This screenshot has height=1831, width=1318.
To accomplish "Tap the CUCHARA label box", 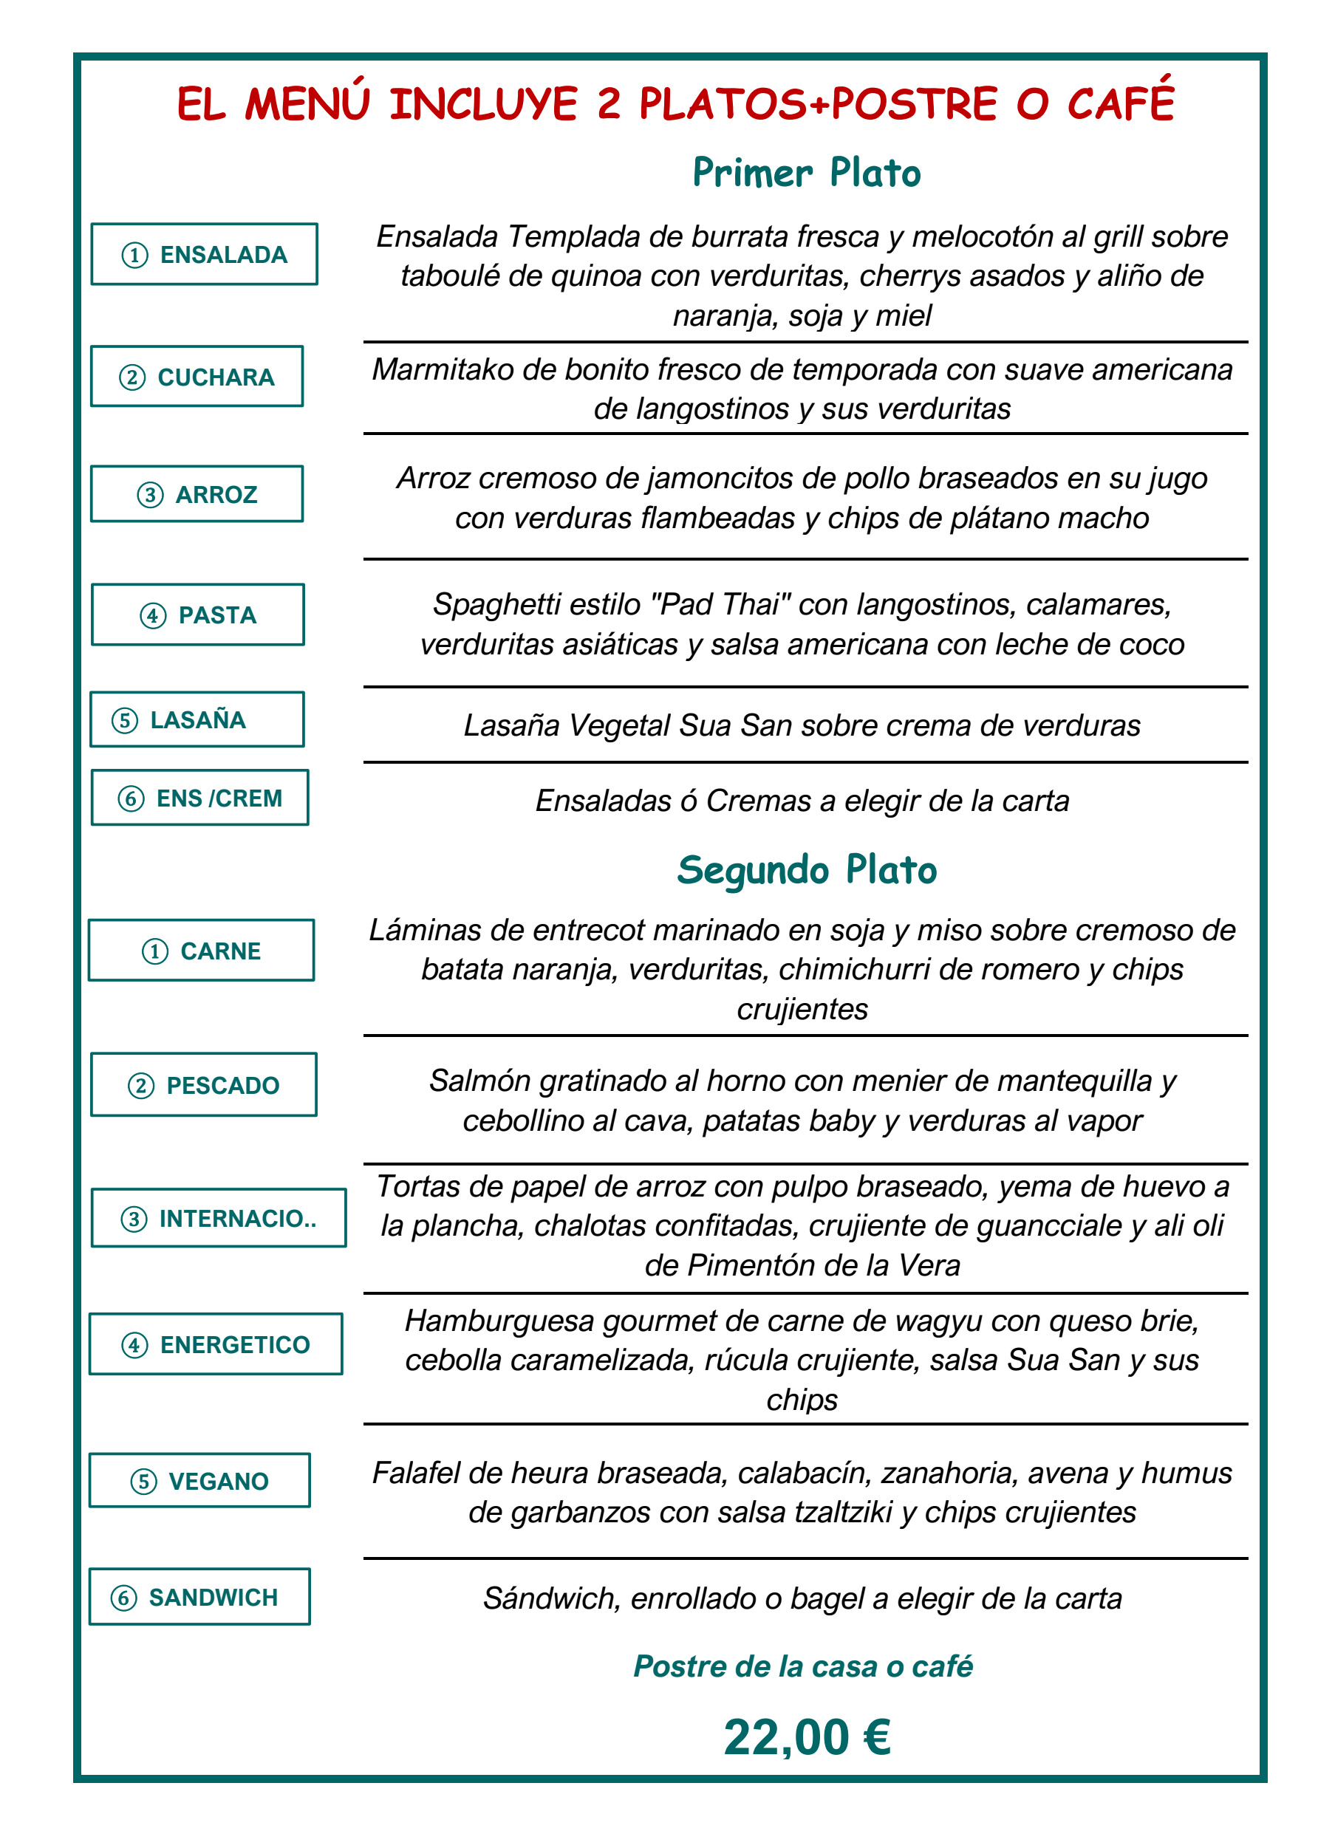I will (x=197, y=376).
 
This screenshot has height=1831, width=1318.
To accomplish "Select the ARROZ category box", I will (x=197, y=493).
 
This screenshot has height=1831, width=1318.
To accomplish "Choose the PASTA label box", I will (x=198, y=615).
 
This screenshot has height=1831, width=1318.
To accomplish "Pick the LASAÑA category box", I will (x=197, y=719).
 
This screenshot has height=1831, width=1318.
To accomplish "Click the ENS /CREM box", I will (x=199, y=798).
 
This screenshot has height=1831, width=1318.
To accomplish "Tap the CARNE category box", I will (x=201, y=951).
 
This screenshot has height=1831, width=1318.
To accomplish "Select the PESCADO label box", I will (x=203, y=1084).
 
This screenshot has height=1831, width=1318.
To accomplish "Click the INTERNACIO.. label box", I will (x=218, y=1217).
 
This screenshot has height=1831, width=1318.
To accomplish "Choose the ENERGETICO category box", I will (x=216, y=1344).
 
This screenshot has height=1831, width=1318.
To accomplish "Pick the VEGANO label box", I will (x=199, y=1480).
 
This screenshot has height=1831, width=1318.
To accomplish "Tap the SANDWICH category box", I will (x=199, y=1596).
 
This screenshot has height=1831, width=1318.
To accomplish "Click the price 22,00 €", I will (x=807, y=1737).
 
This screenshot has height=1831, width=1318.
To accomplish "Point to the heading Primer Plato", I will (x=806, y=174).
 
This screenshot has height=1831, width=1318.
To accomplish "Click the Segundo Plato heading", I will (x=806, y=870).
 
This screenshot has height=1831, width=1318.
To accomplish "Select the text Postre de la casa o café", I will (x=803, y=1666).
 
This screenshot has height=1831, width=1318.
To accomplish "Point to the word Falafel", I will (x=415, y=1474).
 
